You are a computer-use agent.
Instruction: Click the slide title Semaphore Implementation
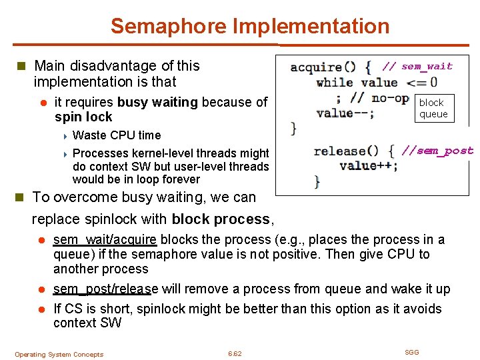[x=249, y=27]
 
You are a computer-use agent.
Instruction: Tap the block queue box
[x=433, y=109]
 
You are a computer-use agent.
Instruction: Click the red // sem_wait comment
[x=417, y=66]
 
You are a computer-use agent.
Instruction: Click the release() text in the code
[x=346, y=151]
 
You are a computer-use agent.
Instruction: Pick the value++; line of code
[x=368, y=165]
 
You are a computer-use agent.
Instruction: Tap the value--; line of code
[x=345, y=113]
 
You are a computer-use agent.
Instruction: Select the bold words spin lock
[x=83, y=117]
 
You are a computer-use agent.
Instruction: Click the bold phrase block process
[x=221, y=219]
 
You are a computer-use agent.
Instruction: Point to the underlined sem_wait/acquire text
[x=105, y=240]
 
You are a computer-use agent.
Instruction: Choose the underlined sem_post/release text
[x=105, y=289]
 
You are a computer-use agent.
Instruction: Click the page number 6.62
[x=235, y=353]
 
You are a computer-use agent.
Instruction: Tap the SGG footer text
[x=412, y=352]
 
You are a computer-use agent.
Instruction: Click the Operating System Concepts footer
[x=59, y=354]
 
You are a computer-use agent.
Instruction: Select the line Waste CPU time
[x=116, y=135]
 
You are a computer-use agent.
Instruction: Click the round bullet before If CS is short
[x=41, y=309]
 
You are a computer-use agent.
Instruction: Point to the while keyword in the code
[x=335, y=83]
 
